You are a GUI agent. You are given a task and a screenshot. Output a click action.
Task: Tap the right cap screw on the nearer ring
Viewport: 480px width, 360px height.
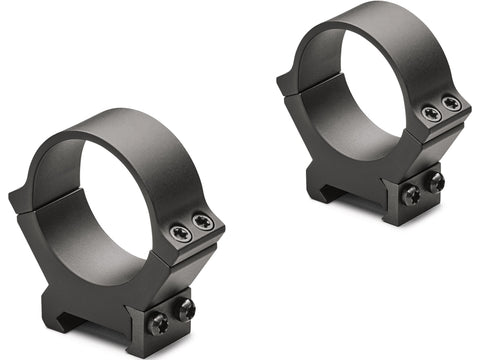[203, 222]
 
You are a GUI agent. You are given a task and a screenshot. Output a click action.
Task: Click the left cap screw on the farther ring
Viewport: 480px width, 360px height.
[431, 114]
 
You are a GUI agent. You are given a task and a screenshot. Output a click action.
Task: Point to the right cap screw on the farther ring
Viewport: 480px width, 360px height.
[452, 104]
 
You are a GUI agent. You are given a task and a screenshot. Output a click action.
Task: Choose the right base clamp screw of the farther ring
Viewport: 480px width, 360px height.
[436, 183]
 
